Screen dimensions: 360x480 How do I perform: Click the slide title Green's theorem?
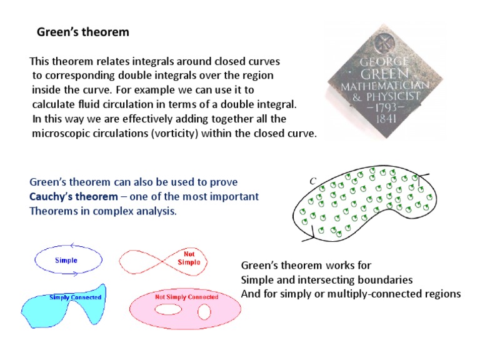[83, 32]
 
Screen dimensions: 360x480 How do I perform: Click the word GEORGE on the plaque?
[384, 62]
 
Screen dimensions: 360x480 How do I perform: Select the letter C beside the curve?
[313, 181]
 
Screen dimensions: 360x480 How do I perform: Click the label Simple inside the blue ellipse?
[66, 260]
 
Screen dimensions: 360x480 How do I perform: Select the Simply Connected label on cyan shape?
[75, 297]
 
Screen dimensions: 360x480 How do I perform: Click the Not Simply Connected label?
[186, 297]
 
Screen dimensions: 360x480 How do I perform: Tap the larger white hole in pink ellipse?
[167, 309]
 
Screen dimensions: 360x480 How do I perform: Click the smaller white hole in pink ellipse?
[204, 311]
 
